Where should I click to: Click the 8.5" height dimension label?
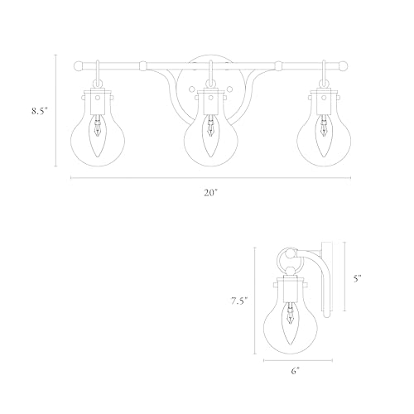coord(40,111)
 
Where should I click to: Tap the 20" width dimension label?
coord(211,193)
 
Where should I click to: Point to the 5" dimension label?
coord(358,278)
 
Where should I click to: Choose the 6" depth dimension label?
coord(295,371)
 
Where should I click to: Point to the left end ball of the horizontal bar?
coord(78,66)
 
